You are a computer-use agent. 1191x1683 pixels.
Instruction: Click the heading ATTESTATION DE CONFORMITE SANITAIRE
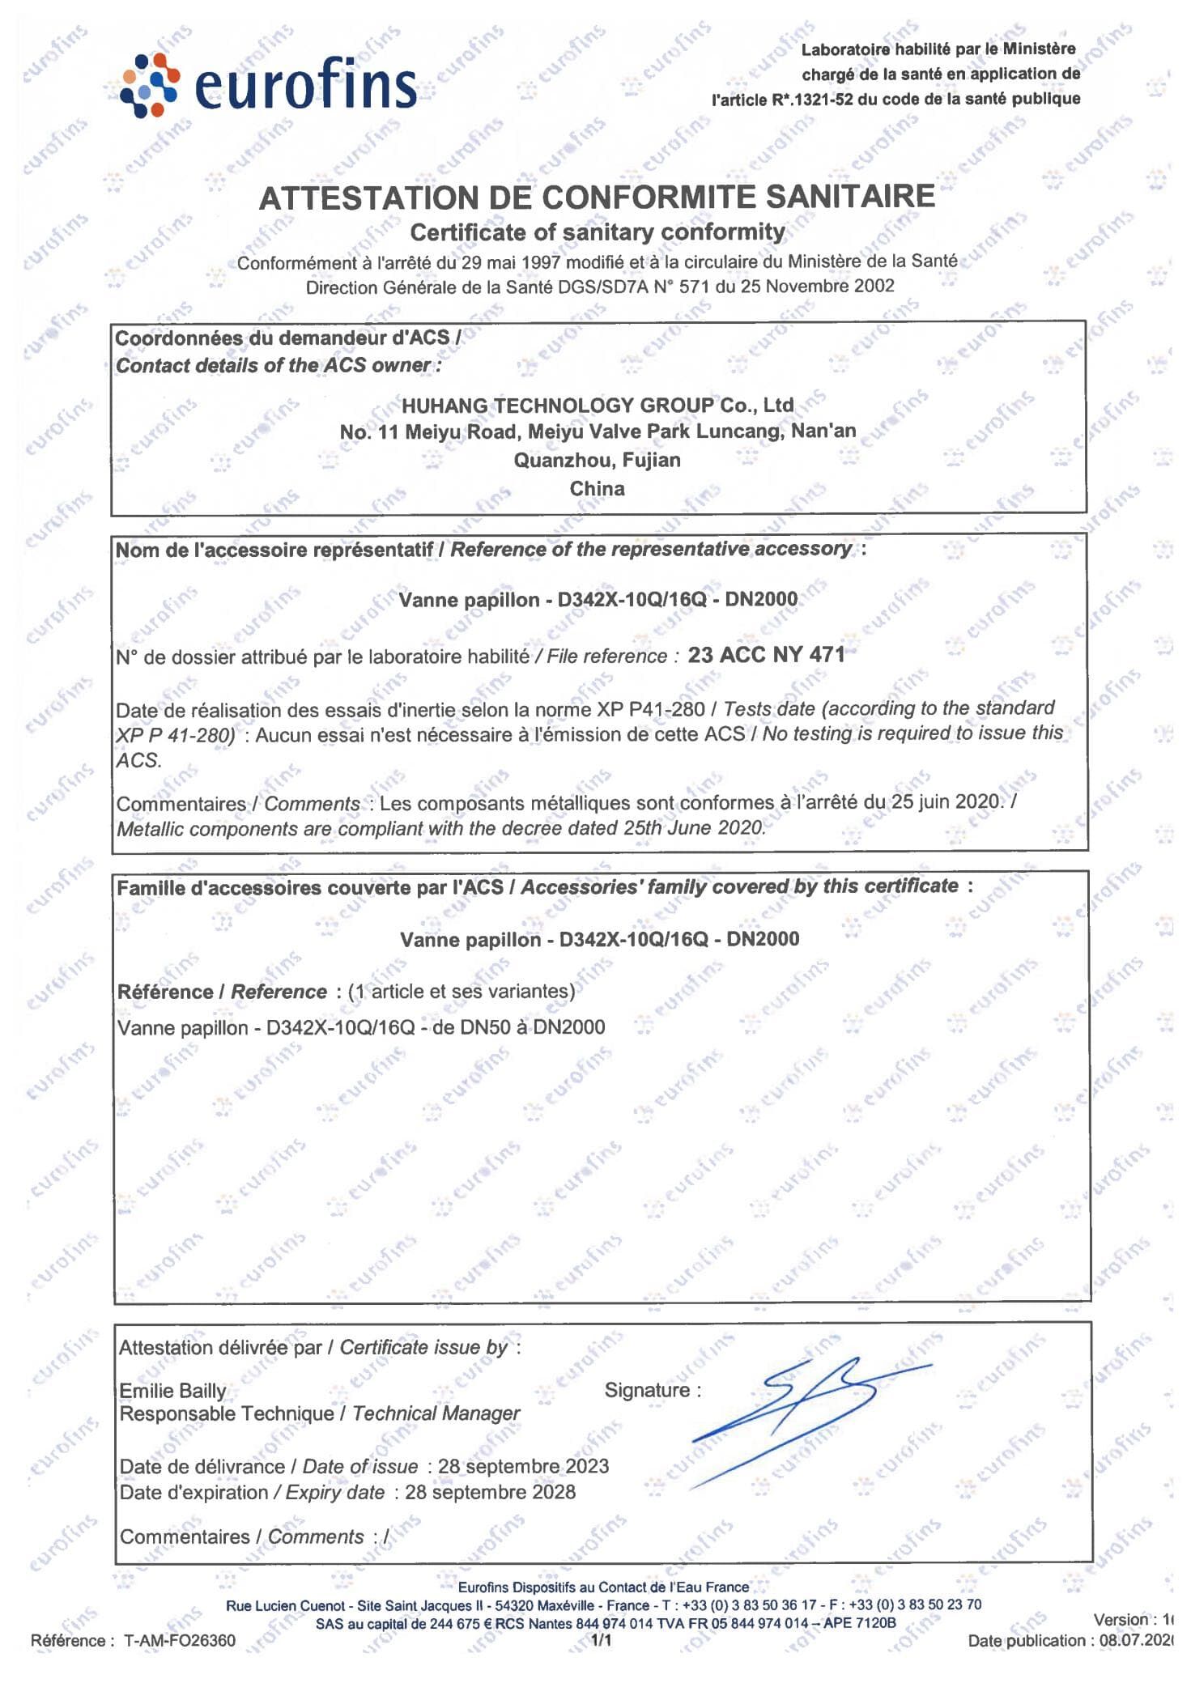tap(597, 198)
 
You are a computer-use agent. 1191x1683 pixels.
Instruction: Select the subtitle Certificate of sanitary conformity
tap(597, 232)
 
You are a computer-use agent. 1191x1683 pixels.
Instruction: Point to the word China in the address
tap(597, 489)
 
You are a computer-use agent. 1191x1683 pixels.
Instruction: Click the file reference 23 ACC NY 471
tap(766, 655)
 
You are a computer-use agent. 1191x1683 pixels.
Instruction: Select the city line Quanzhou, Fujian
tap(597, 460)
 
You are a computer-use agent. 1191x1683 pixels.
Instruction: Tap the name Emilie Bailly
tap(172, 1391)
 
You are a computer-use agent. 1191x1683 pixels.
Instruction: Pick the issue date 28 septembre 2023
tap(523, 1466)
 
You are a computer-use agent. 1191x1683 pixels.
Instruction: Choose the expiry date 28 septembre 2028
tap(490, 1492)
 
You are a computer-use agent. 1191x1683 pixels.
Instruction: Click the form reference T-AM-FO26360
tap(180, 1641)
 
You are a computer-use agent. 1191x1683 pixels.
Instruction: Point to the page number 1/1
tap(602, 1641)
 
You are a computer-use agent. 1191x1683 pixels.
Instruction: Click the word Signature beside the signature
tap(647, 1390)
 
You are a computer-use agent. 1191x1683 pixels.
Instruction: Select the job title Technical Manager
tap(436, 1413)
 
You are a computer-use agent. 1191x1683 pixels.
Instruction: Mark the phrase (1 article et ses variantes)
tap(462, 991)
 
